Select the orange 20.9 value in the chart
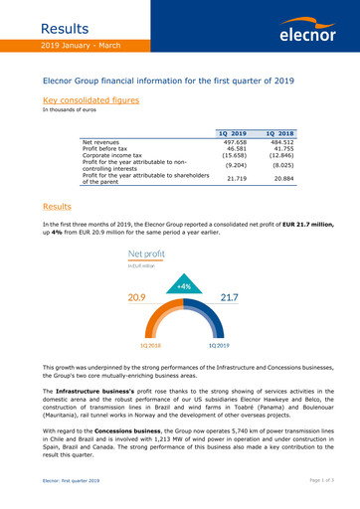[140, 296]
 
